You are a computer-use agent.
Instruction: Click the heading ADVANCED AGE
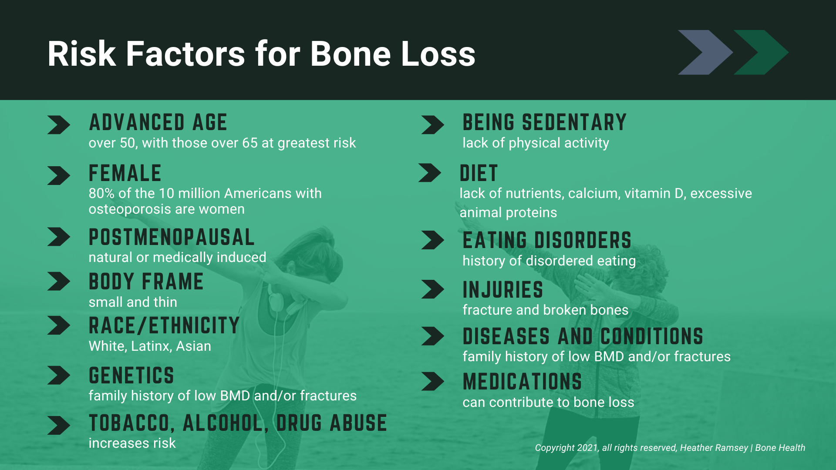[158, 122]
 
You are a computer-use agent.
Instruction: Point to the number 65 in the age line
[250, 143]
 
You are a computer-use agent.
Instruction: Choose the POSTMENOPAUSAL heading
[172, 238]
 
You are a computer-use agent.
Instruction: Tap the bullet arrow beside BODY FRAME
[58, 281]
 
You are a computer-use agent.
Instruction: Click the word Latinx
[151, 346]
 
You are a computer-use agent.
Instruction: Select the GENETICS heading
[131, 376]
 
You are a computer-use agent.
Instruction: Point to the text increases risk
[132, 443]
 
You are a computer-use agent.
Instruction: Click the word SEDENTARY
[574, 122]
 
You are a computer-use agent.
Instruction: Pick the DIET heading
[479, 173]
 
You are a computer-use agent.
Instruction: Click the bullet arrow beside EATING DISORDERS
[432, 240]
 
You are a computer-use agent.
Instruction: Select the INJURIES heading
[502, 290]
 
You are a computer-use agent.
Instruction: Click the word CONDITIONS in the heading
[651, 336]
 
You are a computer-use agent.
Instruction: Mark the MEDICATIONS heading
[522, 382]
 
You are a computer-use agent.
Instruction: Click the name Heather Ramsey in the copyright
[714, 448]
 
